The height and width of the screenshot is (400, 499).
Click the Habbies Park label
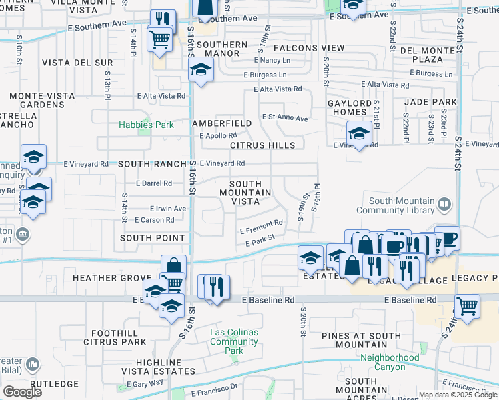pyautogui.click(x=146, y=125)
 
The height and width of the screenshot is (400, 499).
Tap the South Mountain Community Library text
pyautogui.click(x=400, y=206)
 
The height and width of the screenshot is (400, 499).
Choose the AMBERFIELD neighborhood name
pyautogui.click(x=222, y=123)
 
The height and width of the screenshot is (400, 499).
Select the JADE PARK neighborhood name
pyautogui.click(x=430, y=103)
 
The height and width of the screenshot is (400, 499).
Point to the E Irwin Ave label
pyautogui.click(x=168, y=208)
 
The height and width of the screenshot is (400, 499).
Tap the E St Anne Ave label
pyautogui.click(x=285, y=118)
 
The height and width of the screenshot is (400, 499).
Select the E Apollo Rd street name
pyautogui.click(x=218, y=135)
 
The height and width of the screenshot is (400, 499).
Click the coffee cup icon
pyautogui.click(x=447, y=238)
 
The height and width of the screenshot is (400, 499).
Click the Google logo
pyautogui.click(x=22, y=391)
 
